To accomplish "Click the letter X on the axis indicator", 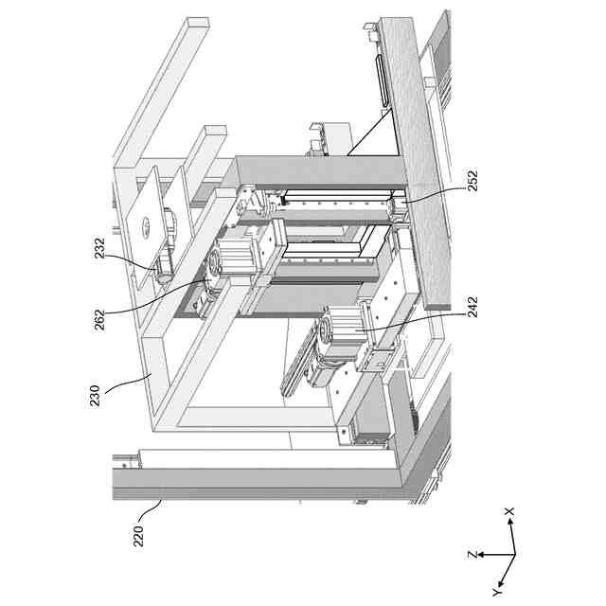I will click(x=509, y=511).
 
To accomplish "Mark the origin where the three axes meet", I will click(x=514, y=554).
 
